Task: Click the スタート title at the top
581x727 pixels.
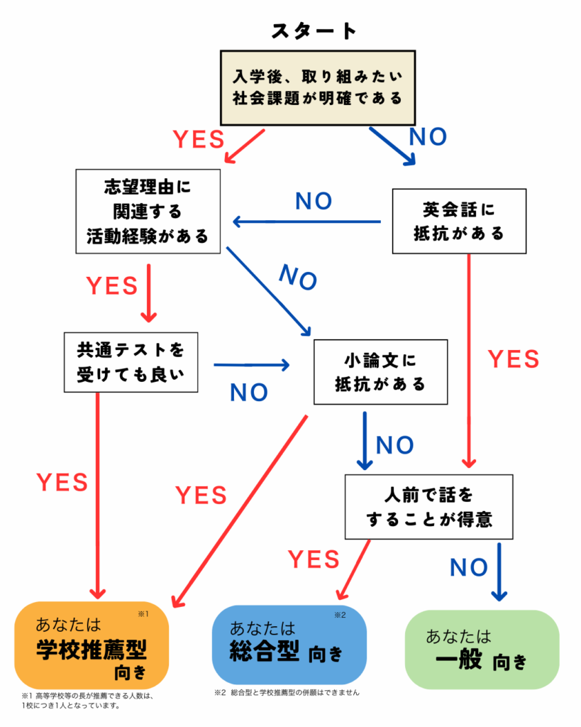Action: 314,31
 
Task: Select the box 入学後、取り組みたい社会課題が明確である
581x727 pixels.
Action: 316,87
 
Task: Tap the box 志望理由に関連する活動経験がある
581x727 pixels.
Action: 147,211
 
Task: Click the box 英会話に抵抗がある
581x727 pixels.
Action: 459,222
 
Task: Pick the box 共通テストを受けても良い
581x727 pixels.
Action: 130,363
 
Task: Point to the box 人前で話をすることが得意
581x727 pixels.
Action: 429,507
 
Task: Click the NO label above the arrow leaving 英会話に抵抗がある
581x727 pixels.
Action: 314,202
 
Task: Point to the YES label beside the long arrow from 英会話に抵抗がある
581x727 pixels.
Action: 514,359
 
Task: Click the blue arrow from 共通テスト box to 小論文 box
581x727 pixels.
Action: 252,366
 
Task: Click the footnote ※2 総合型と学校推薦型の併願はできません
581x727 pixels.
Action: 287,692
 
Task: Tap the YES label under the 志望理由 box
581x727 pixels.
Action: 112,285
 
